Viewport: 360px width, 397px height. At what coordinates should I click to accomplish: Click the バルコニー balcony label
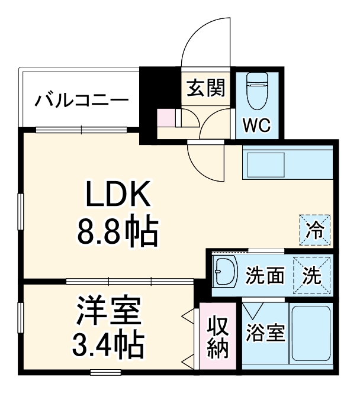tap(81, 99)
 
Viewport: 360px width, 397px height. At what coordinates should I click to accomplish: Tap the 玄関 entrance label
tap(206, 88)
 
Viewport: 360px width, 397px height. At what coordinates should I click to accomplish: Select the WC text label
tap(256, 125)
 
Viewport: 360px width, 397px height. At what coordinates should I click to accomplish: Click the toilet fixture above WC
tap(256, 91)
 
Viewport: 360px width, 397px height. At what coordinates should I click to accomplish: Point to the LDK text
tap(118, 196)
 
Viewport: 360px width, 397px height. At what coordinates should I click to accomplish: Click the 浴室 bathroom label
tap(264, 334)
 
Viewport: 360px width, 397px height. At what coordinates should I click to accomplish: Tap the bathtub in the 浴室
tap(311, 335)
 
